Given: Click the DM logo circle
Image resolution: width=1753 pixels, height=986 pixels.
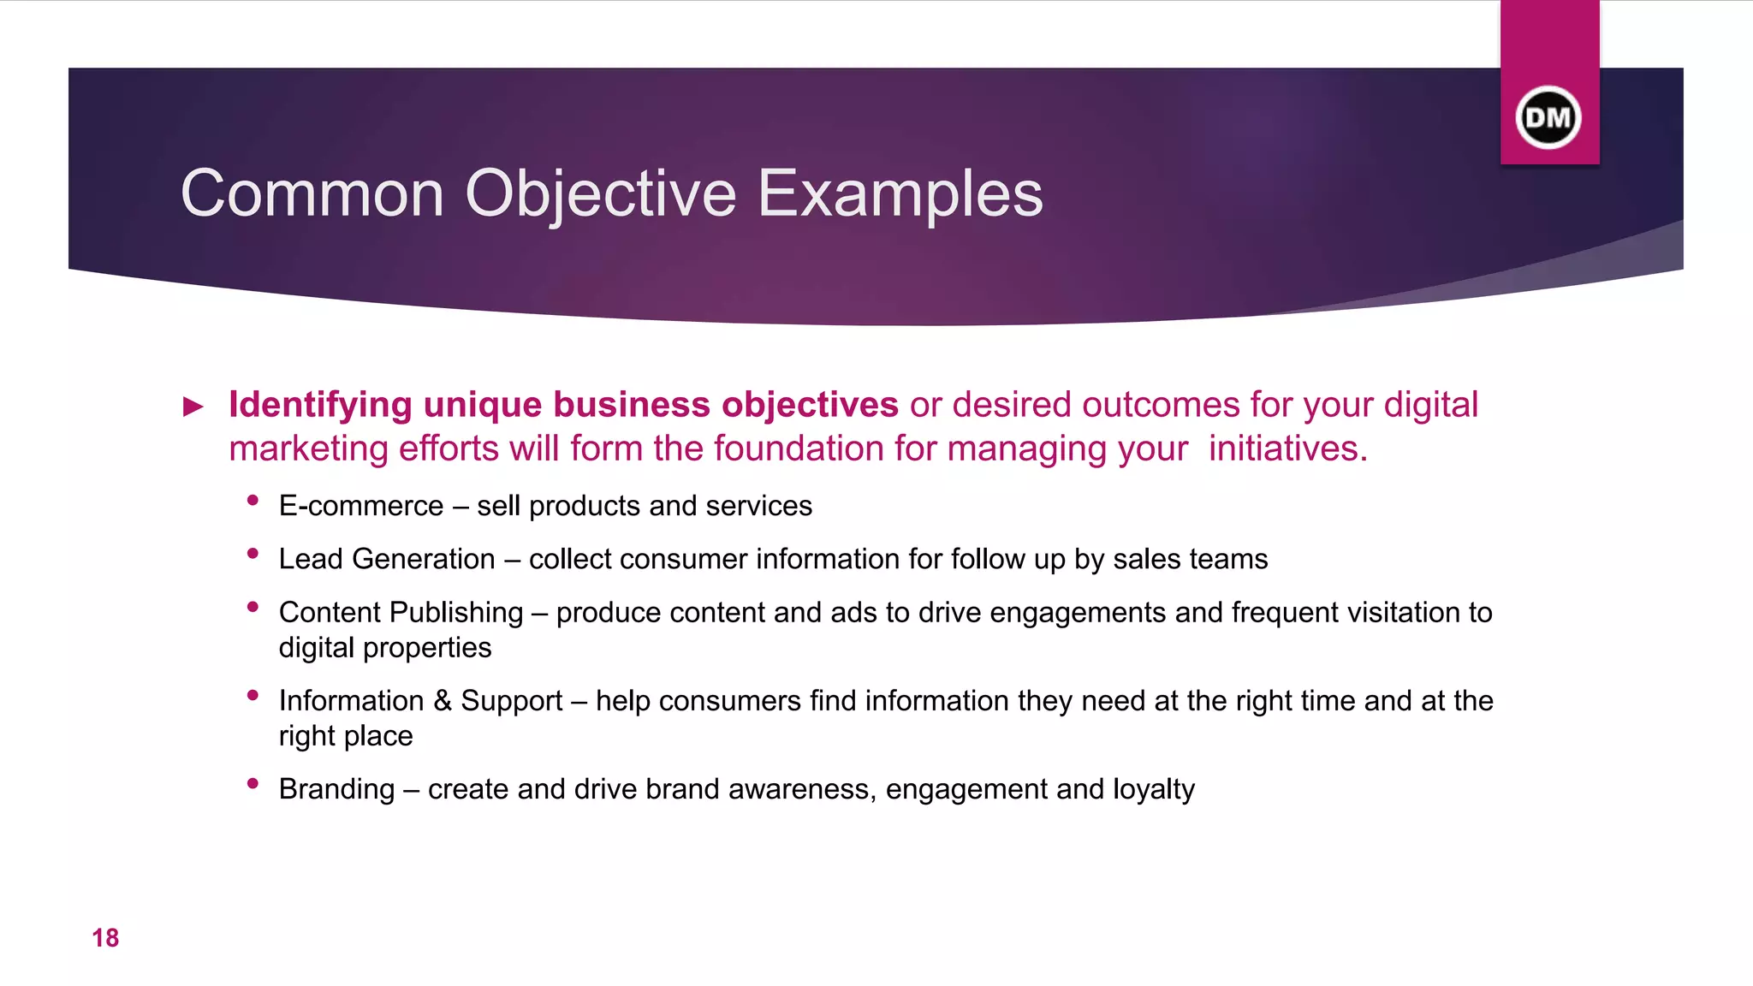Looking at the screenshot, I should (1548, 117).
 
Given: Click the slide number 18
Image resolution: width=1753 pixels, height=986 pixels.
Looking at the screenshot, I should (105, 938).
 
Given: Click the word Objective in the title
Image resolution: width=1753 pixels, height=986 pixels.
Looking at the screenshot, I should (600, 194).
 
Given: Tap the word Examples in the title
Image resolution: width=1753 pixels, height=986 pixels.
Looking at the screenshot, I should (900, 194).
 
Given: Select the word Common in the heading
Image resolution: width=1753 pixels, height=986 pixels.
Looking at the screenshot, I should (312, 194).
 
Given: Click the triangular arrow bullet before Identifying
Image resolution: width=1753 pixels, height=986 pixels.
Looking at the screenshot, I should (194, 407).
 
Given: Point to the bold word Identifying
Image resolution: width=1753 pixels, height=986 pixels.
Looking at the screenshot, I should (320, 405).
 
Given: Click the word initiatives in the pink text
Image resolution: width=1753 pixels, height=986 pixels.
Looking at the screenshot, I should (1287, 448).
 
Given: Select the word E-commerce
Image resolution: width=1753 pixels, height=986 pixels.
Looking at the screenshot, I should (360, 506).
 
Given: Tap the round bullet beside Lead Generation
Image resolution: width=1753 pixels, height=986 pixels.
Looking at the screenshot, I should (253, 554).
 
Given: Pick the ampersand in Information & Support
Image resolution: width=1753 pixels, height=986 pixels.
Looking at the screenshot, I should (442, 700).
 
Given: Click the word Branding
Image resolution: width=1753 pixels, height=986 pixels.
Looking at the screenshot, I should (336, 788).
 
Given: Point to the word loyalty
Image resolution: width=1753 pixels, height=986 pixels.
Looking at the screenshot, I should (1154, 789).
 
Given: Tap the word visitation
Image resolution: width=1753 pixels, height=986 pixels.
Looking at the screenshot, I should (1404, 612).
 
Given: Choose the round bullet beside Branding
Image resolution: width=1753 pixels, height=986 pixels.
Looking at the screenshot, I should (253, 783).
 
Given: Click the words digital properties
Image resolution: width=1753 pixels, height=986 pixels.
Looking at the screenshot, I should (384, 648).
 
